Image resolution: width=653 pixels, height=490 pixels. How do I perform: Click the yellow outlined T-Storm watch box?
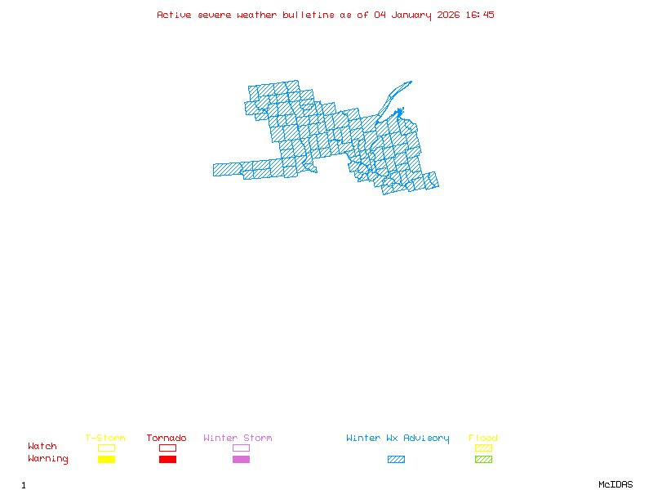[x=106, y=448]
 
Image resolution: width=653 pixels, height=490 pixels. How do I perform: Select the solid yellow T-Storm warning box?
[x=106, y=460]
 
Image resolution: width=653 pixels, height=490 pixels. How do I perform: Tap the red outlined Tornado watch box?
[x=167, y=448]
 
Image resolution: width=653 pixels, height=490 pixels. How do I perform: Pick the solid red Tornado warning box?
[x=167, y=460]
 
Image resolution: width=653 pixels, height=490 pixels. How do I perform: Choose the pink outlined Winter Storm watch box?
[x=241, y=448]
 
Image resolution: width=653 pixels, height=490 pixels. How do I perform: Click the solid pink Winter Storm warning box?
[x=241, y=460]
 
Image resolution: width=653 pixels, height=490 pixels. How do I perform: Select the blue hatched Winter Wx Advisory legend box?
[x=396, y=460]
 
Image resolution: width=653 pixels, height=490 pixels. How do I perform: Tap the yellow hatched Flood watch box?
[x=483, y=448]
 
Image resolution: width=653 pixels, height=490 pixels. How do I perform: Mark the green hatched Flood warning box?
[x=483, y=460]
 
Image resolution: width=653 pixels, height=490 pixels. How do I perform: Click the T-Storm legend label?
[x=105, y=439]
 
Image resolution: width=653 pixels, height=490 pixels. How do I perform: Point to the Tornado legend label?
[x=167, y=439]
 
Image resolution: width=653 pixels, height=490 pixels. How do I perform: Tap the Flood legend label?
[x=483, y=439]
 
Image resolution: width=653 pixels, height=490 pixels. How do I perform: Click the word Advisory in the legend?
[x=426, y=439]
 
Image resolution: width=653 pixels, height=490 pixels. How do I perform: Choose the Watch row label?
[x=42, y=447]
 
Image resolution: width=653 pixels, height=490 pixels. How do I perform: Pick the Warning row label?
[x=48, y=459]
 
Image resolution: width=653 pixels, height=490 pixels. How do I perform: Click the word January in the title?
[x=410, y=15]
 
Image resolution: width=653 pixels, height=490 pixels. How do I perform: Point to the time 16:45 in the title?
[x=480, y=15]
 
